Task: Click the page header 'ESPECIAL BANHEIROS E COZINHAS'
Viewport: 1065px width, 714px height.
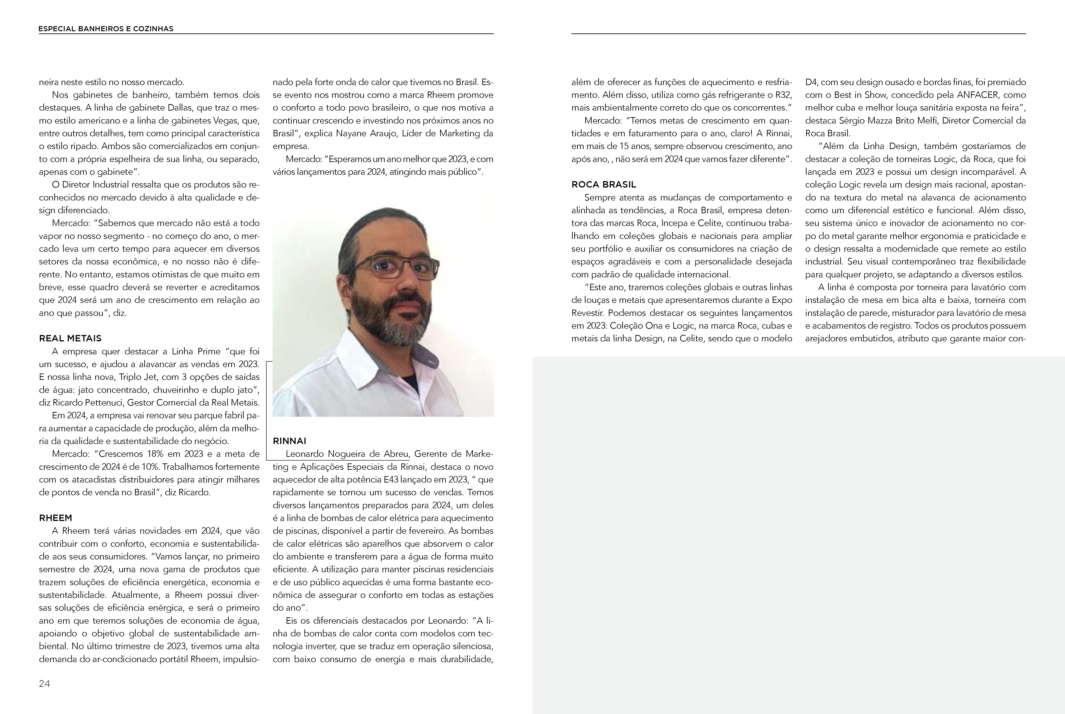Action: pos(106,29)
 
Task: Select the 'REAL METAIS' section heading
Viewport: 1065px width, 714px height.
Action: pos(70,338)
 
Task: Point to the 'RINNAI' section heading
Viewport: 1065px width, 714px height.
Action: pos(289,441)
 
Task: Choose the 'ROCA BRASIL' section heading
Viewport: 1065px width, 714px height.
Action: pos(604,184)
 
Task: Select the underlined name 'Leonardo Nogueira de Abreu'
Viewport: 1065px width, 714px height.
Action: pos(347,454)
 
